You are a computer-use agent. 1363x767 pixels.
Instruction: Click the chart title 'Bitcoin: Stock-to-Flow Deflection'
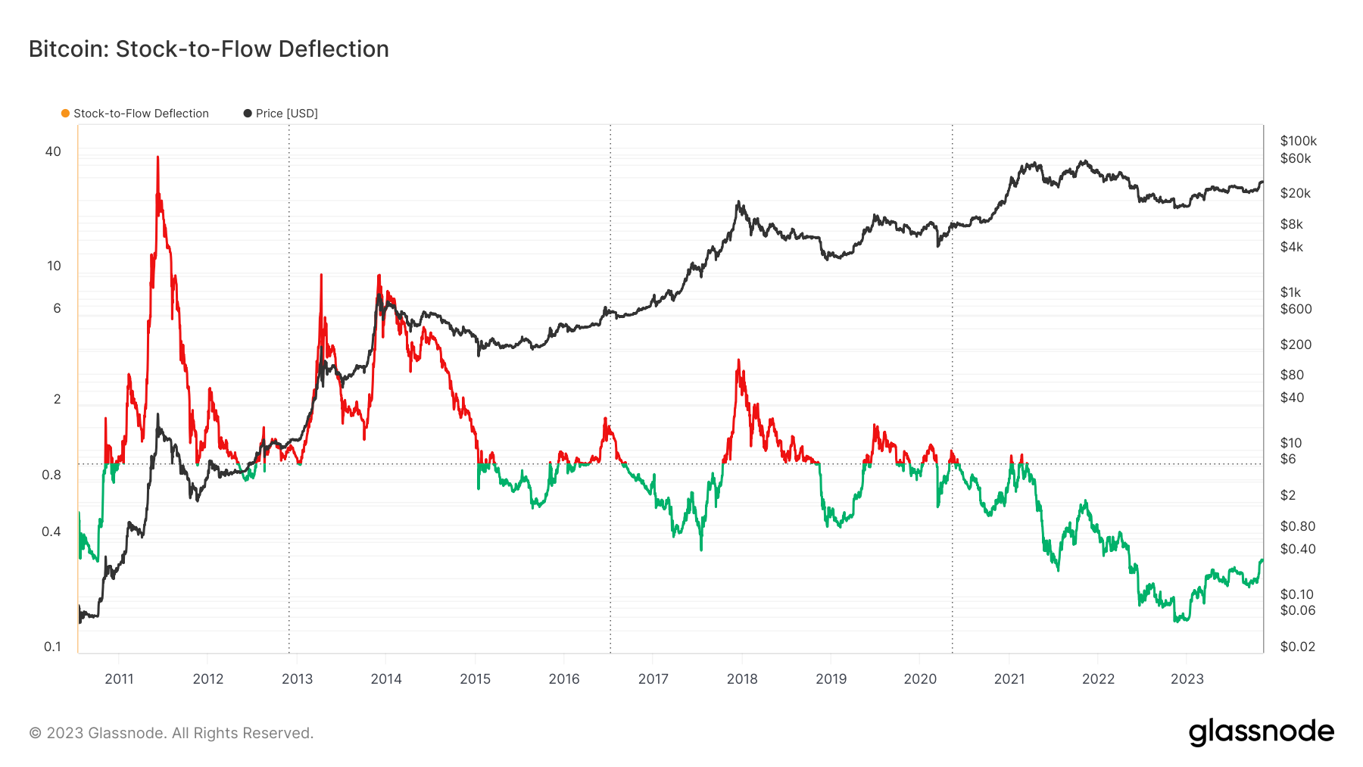pos(209,49)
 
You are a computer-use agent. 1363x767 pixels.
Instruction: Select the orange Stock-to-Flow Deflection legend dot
pos(66,114)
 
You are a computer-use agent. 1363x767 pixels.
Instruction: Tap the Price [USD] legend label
pos(287,114)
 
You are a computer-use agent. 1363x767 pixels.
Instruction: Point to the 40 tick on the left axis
pos(53,151)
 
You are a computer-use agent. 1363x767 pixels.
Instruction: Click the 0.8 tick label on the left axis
pos(51,475)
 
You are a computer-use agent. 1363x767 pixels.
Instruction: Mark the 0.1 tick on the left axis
pos(52,647)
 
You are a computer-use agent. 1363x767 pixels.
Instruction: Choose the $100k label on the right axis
pos(1299,141)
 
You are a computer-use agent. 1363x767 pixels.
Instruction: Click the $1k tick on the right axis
pos(1290,292)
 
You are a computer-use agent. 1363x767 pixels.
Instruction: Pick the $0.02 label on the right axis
pos(1298,647)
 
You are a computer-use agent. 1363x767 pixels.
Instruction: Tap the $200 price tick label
pos(1296,345)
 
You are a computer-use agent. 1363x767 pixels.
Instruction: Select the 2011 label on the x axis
pos(119,679)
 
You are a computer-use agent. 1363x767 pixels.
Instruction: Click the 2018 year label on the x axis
pos(742,679)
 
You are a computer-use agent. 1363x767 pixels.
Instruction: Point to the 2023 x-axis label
pos(1187,679)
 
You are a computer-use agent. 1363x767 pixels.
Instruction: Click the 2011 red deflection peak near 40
pos(158,157)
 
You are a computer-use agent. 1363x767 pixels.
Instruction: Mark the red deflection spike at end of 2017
pos(738,360)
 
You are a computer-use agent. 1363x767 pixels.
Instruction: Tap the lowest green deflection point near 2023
pos(1176,621)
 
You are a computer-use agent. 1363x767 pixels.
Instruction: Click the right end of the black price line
pos(1262,182)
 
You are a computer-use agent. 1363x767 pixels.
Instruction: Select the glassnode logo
pos(1262,732)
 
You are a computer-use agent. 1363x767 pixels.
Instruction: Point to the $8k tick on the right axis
pos(1292,224)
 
